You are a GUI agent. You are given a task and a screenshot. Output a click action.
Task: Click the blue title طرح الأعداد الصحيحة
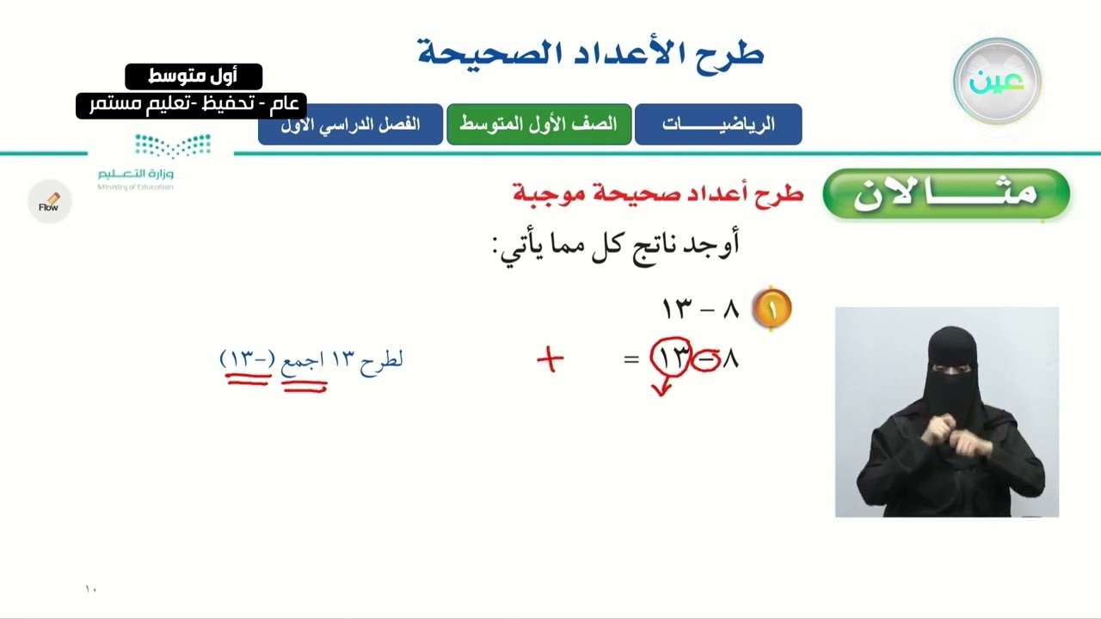point(591,53)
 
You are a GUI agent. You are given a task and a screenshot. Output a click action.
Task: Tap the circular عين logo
point(997,82)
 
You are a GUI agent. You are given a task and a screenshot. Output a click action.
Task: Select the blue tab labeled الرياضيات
point(718,124)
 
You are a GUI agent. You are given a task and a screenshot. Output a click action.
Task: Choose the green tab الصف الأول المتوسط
point(538,124)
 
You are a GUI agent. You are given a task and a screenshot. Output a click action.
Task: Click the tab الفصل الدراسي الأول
point(351,124)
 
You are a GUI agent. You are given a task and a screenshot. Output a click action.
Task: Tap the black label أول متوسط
point(194,77)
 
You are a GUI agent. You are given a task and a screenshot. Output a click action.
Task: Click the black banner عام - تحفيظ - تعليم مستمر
point(191,105)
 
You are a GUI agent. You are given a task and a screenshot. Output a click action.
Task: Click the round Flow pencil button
point(49,203)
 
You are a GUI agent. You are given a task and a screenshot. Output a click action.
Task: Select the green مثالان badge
point(945,193)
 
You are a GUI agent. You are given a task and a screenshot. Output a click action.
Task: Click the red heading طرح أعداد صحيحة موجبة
point(658,193)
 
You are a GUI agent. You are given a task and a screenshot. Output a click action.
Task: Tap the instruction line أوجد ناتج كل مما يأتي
point(616,245)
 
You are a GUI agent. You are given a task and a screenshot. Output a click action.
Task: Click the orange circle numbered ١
point(772,309)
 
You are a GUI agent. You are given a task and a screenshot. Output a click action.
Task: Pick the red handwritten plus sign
point(550,359)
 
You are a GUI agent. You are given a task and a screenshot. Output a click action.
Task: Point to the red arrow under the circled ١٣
point(661,389)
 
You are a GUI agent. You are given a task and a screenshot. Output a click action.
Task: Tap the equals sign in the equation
point(631,359)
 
